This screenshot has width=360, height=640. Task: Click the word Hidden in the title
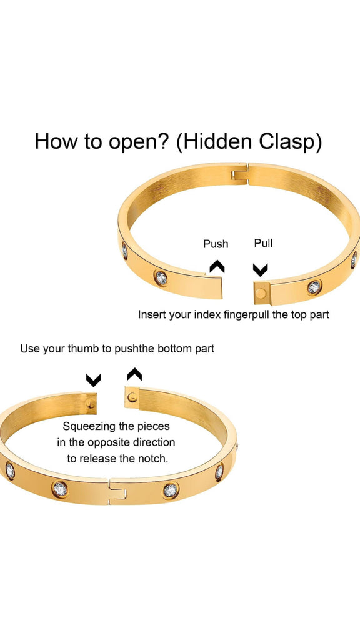pyautogui.click(x=216, y=142)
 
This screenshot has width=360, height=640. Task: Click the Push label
pyautogui.click(x=216, y=244)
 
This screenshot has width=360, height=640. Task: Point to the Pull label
pyautogui.click(x=263, y=243)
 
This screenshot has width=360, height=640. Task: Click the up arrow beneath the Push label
pyautogui.click(x=217, y=267)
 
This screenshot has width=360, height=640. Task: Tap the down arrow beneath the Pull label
pyautogui.click(x=261, y=270)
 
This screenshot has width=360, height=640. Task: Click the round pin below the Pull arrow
pyautogui.click(x=261, y=293)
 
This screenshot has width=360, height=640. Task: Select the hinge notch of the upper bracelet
pyautogui.click(x=240, y=174)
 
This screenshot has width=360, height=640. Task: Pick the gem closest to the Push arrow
pyautogui.click(x=161, y=278)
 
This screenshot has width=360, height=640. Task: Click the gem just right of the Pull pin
pyautogui.click(x=314, y=287)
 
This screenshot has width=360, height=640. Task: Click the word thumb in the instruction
pyautogui.click(x=84, y=349)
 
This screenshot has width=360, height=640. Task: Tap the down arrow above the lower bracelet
pyautogui.click(x=94, y=381)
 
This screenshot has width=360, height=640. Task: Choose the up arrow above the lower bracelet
pyautogui.click(x=134, y=374)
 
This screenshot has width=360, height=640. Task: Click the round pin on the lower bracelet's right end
pyautogui.click(x=132, y=397)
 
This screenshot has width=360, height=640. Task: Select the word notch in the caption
pyautogui.click(x=155, y=459)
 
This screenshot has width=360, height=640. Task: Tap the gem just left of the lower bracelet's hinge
pyautogui.click(x=60, y=489)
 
